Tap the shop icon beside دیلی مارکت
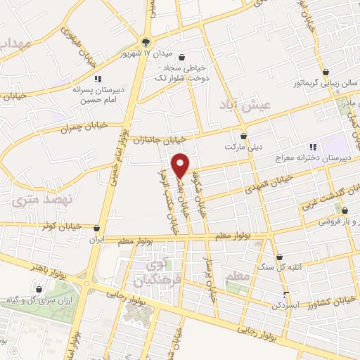tap(244, 136)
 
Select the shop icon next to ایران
tap(96, 229)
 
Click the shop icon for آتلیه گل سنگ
tap(280, 257)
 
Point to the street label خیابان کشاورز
tap(330, 302)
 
